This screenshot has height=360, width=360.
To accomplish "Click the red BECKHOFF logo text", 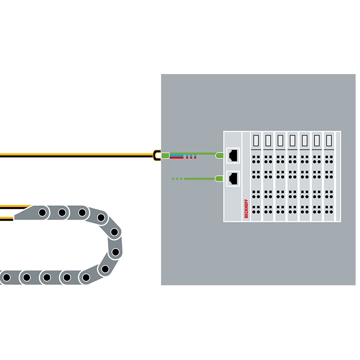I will pos(246,208).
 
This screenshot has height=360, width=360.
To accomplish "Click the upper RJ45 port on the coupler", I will pos(232,155).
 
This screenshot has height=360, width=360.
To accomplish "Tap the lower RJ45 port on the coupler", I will pos(232,178).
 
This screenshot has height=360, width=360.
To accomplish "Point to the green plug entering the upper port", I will pos(218,155).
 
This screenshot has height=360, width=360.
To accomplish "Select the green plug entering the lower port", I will pos(218,178).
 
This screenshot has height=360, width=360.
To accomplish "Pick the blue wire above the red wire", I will pos(177,155).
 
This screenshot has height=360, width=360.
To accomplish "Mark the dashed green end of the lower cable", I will pos(178,178).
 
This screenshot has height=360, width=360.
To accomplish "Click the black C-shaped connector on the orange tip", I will pos(156,155).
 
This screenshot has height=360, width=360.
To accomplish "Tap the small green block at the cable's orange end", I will pos(165,155).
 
